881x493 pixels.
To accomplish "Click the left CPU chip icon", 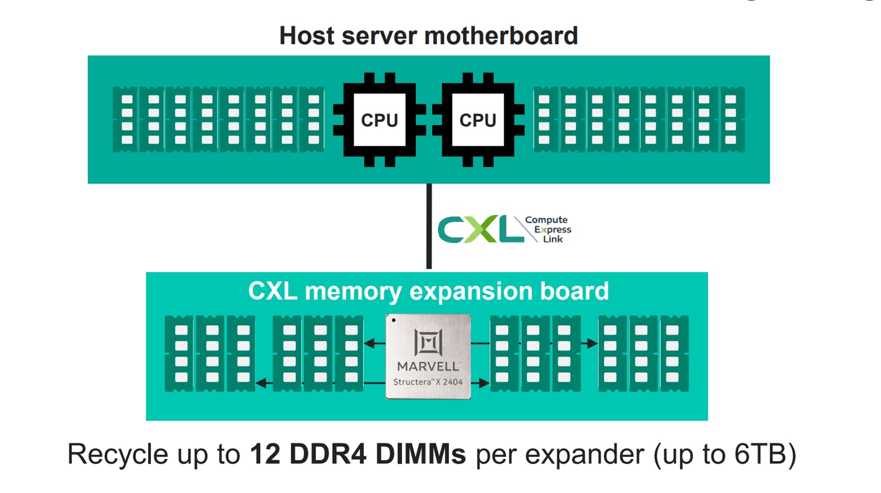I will pyautogui.click(x=379, y=120).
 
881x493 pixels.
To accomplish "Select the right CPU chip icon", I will pyautogui.click(x=478, y=120).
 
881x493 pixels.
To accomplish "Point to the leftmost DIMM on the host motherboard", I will pyautogui.click(x=125, y=119).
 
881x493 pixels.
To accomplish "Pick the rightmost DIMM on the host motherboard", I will pyautogui.click(x=732, y=119).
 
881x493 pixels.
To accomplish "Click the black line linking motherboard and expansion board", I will pyautogui.click(x=429, y=226).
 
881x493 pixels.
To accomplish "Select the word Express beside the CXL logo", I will pyautogui.click(x=553, y=230).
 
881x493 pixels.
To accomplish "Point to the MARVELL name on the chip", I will pyautogui.click(x=428, y=366).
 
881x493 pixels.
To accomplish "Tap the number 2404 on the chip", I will pyautogui.click(x=452, y=382).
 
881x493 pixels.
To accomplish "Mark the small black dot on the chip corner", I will pyautogui.click(x=394, y=321).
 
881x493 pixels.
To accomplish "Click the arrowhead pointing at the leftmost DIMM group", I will pyautogui.click(x=261, y=383).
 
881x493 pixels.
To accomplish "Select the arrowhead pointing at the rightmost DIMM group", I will pyautogui.click(x=592, y=343).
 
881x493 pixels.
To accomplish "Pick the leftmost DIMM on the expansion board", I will pyautogui.click(x=180, y=354).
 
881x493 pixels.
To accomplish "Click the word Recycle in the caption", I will pyautogui.click(x=118, y=455).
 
